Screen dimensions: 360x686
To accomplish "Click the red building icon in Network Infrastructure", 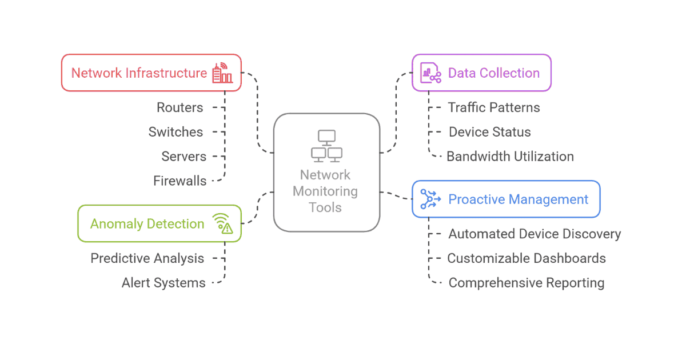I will (x=222, y=74).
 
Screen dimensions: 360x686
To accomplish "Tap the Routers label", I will (x=180, y=107).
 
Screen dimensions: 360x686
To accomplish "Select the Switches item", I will (x=176, y=132).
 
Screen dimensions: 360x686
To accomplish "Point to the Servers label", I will (x=184, y=157).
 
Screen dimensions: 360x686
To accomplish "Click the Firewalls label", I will (x=180, y=181).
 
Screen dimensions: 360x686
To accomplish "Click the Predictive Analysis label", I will (x=147, y=258).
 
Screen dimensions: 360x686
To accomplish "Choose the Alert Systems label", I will (x=163, y=283).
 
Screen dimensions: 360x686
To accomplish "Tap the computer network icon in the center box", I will (x=326, y=146).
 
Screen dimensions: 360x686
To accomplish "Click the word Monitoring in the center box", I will (x=325, y=191).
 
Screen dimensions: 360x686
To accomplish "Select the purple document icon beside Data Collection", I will (x=430, y=73).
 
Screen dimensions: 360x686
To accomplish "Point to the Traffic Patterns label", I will (x=493, y=107).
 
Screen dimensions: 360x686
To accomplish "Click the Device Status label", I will (x=489, y=132).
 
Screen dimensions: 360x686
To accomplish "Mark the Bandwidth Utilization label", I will (x=510, y=157).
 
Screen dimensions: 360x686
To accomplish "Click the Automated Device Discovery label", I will (x=535, y=234).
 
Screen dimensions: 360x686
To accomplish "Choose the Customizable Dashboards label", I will (x=526, y=258).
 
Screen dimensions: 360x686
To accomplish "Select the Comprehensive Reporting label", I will (x=526, y=283).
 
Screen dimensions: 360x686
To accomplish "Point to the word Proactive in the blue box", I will (x=476, y=199).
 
